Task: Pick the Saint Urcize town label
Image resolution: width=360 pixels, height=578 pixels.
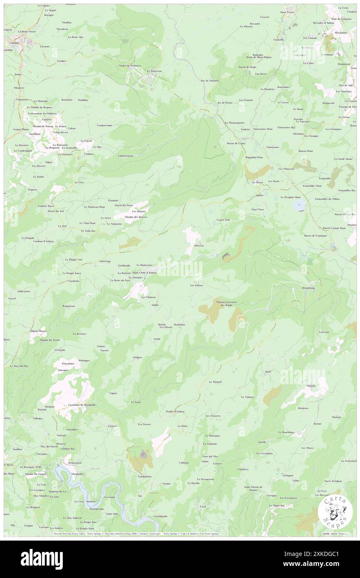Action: pos(287,12)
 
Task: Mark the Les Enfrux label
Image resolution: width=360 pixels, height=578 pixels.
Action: pos(197,285)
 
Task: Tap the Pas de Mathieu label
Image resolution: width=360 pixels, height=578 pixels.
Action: pos(210,80)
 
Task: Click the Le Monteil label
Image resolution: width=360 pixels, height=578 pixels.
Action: pos(215,382)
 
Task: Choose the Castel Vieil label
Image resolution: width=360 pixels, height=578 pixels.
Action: pos(223,219)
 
